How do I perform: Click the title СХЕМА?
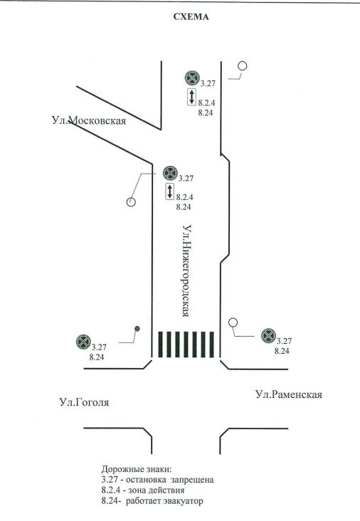[191, 17]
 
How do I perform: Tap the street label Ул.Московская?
[89, 120]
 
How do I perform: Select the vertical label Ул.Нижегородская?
[187, 270]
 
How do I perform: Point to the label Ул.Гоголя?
[85, 402]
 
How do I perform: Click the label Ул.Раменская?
[289, 394]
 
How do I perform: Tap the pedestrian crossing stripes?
[186, 344]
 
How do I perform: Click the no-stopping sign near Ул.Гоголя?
[83, 342]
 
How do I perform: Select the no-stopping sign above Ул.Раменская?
[268, 336]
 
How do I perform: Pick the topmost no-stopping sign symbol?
[192, 78]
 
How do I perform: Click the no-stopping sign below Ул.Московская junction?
[170, 174]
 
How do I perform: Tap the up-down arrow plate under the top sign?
[191, 97]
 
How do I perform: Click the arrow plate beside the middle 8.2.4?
[170, 191]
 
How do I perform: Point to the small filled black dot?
[137, 329]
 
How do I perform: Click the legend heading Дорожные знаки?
[137, 470]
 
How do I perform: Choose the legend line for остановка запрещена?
[157, 480]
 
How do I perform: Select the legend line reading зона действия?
[143, 490]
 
